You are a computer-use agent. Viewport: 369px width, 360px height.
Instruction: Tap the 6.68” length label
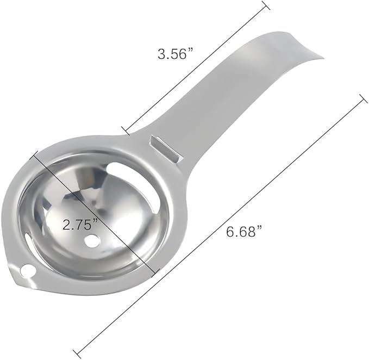click(x=244, y=232)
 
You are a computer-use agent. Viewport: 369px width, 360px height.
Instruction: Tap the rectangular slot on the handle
click(x=165, y=148)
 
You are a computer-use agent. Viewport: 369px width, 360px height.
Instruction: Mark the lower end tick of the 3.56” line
click(x=126, y=130)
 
